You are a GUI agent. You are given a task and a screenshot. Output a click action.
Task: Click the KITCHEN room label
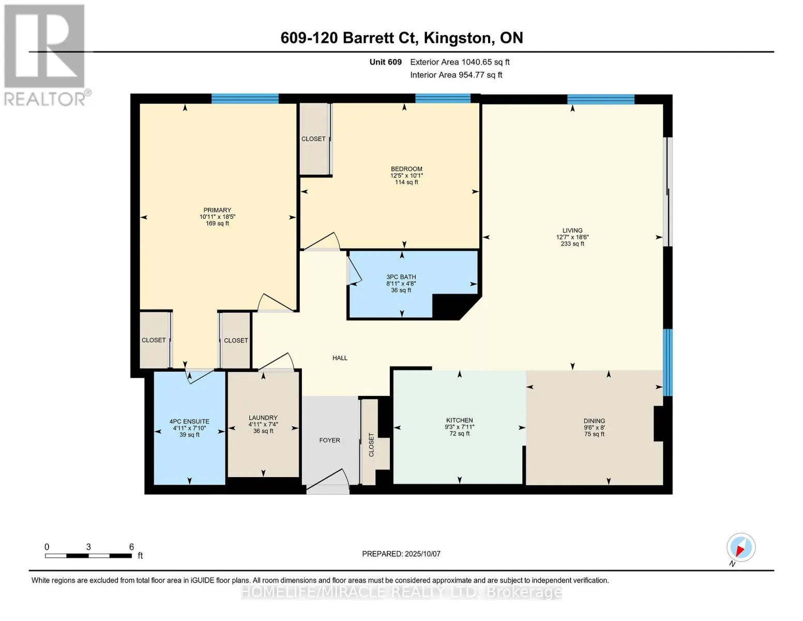pyautogui.click(x=459, y=420)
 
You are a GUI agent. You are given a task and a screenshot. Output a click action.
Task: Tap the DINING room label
pyautogui.click(x=594, y=421)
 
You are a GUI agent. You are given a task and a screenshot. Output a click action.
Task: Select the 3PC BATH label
pyautogui.click(x=401, y=277)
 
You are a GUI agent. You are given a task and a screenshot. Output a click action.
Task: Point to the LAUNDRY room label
pyautogui.click(x=263, y=418)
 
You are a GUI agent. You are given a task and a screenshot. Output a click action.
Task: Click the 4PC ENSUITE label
pyautogui.click(x=189, y=422)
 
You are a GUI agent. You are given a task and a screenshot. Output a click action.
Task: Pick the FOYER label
pyautogui.click(x=329, y=440)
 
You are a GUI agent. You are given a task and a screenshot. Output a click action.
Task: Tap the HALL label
pyautogui.click(x=340, y=358)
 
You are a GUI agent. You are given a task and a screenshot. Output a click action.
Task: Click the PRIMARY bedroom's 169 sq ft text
pyautogui.click(x=217, y=224)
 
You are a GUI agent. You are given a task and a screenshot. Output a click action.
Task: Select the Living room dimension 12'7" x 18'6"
pyautogui.click(x=572, y=237)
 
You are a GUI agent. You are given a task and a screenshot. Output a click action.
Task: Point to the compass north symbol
pyautogui.click(x=740, y=548)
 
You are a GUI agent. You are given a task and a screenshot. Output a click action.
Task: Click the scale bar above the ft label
pyautogui.click(x=88, y=556)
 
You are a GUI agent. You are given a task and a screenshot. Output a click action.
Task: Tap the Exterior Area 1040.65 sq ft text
pyautogui.click(x=460, y=62)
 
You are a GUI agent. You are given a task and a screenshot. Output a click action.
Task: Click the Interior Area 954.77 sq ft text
pyautogui.click(x=456, y=75)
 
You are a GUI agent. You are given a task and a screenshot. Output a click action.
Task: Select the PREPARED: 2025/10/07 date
pyautogui.click(x=401, y=554)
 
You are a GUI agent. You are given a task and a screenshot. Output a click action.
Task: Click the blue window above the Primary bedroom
pyautogui.click(x=245, y=98)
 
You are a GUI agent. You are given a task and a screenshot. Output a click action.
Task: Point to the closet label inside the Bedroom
pyautogui.click(x=313, y=139)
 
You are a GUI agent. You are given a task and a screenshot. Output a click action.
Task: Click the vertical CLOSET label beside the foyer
pyautogui.click(x=371, y=445)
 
